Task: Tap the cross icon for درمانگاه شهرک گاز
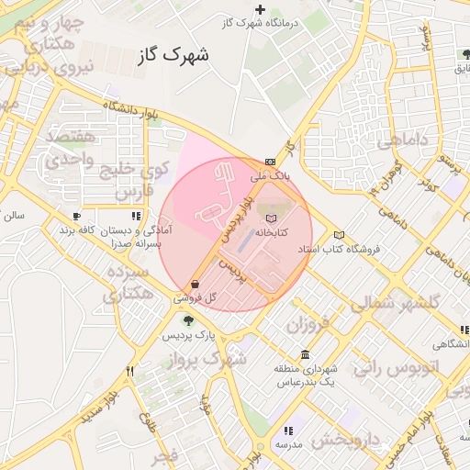click(260, 10)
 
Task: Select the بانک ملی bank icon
click(269, 161)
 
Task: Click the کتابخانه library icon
click(270, 218)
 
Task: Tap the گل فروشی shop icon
click(196, 285)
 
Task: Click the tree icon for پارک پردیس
click(188, 320)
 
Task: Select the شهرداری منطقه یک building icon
click(305, 355)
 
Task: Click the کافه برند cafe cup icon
click(76, 217)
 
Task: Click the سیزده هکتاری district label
click(128, 284)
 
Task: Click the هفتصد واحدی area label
click(64, 148)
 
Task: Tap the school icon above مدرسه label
click(288, 430)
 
